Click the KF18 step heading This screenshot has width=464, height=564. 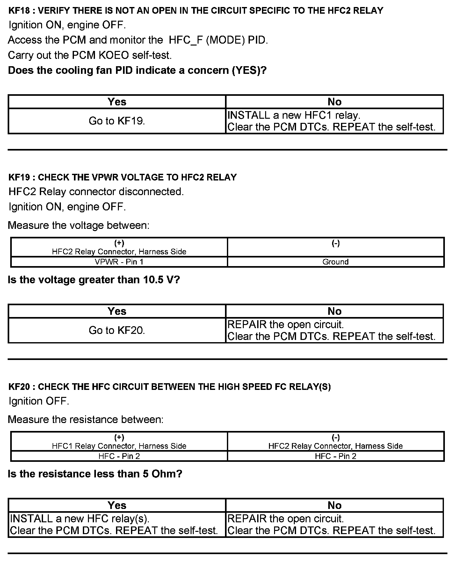196,11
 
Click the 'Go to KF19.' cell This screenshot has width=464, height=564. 117,121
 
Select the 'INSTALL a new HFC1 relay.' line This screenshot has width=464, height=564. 294,115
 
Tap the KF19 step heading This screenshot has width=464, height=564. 123,177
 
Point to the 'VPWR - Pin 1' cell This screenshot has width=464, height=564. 119,262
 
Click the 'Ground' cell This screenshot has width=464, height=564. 335,262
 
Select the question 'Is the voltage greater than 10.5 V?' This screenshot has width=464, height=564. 94,280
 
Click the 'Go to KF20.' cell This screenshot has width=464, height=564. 117,330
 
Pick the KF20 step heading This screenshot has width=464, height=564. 170,387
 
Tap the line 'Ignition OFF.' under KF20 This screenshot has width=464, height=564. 39,401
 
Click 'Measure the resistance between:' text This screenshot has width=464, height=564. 85,419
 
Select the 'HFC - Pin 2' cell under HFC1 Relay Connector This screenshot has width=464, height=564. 119,456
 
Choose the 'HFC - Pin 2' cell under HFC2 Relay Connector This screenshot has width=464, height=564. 335,456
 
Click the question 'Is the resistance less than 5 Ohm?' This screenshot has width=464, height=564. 95,474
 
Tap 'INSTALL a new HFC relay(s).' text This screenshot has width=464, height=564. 80,519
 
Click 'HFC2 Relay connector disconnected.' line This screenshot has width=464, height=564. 96,192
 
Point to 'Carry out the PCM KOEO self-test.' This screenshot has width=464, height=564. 90,55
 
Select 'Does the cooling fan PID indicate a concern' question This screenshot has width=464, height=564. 137,70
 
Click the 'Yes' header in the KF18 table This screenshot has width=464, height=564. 117,102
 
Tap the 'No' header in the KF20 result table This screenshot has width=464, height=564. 334,505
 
